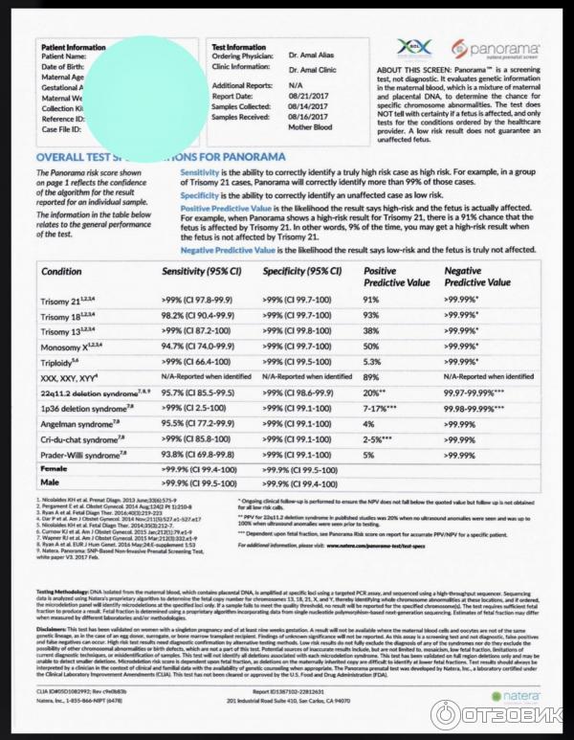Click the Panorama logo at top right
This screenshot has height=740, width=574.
click(493, 49)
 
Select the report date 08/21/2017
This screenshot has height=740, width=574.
click(310, 97)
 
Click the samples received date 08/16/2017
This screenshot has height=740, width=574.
click(310, 117)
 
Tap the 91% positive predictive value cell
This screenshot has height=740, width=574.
click(374, 300)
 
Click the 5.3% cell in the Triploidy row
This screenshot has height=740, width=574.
click(376, 365)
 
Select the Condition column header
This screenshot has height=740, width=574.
click(63, 271)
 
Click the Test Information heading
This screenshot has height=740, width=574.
click(239, 46)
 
